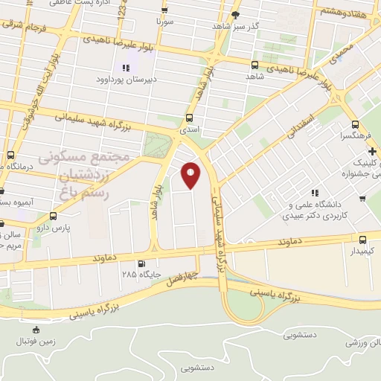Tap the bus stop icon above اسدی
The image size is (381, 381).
pyautogui.click(x=189, y=118)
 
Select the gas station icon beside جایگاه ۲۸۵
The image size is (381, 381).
pyautogui.click(x=141, y=263)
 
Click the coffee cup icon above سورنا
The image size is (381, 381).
pyautogui.click(x=164, y=10)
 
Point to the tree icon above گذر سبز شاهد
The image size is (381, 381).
pyautogui.click(x=236, y=14)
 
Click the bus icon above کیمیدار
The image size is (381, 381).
pyautogui.click(x=362, y=240)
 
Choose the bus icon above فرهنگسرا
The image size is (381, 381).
pyautogui.click(x=355, y=125)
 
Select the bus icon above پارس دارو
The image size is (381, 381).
pyautogui.click(x=42, y=217)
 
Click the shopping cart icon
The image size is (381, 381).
pyautogui.click(x=362, y=198)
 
